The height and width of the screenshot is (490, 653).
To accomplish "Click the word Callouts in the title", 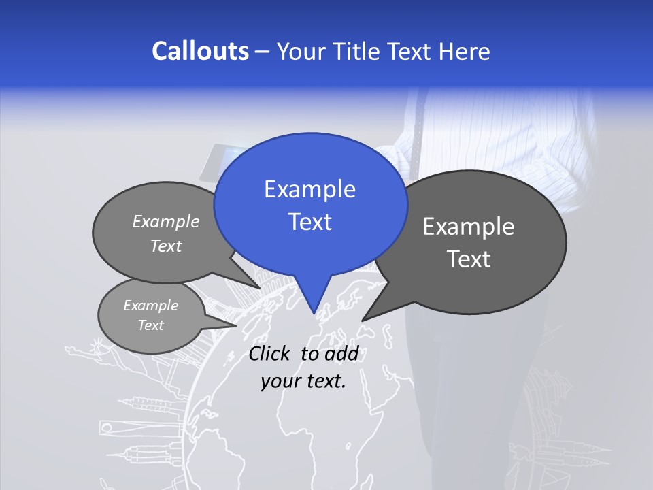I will click(200, 52).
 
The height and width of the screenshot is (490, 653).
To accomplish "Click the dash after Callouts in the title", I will click(263, 52).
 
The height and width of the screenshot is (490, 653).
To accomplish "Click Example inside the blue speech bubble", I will click(309, 190).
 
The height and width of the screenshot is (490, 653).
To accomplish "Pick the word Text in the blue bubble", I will click(309, 222).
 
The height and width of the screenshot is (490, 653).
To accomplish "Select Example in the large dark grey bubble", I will click(469, 227).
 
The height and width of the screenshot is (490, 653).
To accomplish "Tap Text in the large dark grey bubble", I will click(469, 259).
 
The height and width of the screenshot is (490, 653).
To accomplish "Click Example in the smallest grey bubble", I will click(151, 306).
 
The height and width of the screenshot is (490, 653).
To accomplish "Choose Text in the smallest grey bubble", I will click(151, 325).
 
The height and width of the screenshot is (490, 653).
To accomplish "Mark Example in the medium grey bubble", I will click(166, 222).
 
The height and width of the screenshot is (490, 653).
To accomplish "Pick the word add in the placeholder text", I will click(341, 354).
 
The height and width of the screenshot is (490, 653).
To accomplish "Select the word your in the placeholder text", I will click(280, 381).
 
